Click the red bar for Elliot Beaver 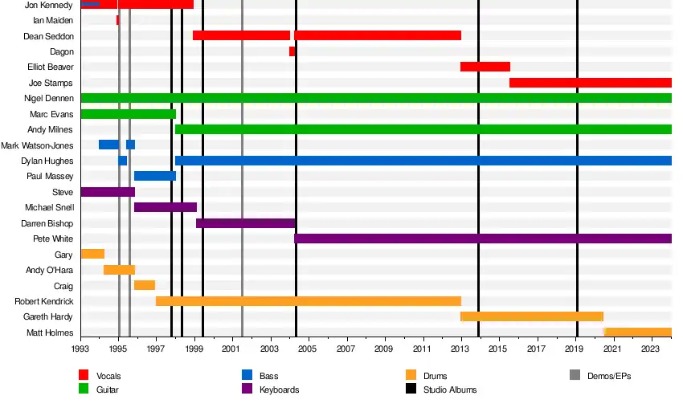pyautogui.click(x=485, y=67)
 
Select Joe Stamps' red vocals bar pyautogui.click(x=590, y=83)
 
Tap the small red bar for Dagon pyautogui.click(x=292, y=51)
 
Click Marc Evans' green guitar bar pyautogui.click(x=128, y=114)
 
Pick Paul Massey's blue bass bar pyautogui.click(x=154, y=176)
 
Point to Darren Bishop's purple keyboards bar pyautogui.click(x=245, y=223)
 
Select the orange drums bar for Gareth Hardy pyautogui.click(x=531, y=316)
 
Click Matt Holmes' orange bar pyautogui.click(x=637, y=333)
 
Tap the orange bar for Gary pyautogui.click(x=92, y=255)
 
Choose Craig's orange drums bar pyautogui.click(x=144, y=285)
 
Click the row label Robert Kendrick pyautogui.click(x=44, y=302)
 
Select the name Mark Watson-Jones pyautogui.click(x=37, y=145)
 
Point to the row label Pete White pyautogui.click(x=53, y=239)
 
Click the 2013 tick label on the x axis pyautogui.click(x=460, y=350)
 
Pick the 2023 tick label pyautogui.click(x=651, y=350)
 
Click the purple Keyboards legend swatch pyautogui.click(x=247, y=390)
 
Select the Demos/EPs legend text pyautogui.click(x=607, y=376)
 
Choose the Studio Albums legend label pyautogui.click(x=450, y=390)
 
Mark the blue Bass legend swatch pyautogui.click(x=247, y=375)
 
